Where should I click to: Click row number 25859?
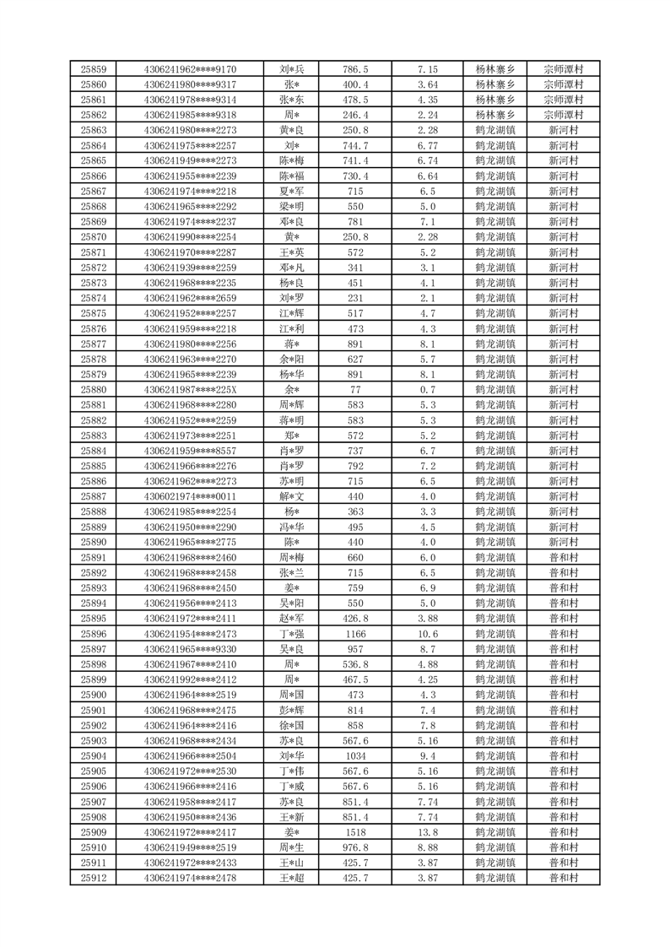[x=93, y=69]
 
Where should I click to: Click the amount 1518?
[x=355, y=832]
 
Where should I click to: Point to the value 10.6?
[x=427, y=633]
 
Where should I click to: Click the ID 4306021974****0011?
[x=190, y=496]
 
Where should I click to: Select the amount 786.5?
[x=355, y=69]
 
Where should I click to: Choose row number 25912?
[x=93, y=878]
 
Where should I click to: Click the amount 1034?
[x=355, y=755]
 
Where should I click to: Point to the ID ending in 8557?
[x=190, y=451]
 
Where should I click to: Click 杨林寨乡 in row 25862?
[x=495, y=115]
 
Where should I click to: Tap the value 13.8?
[x=427, y=832]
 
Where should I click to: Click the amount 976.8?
[x=355, y=847]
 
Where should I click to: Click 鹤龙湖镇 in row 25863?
[x=495, y=130]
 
